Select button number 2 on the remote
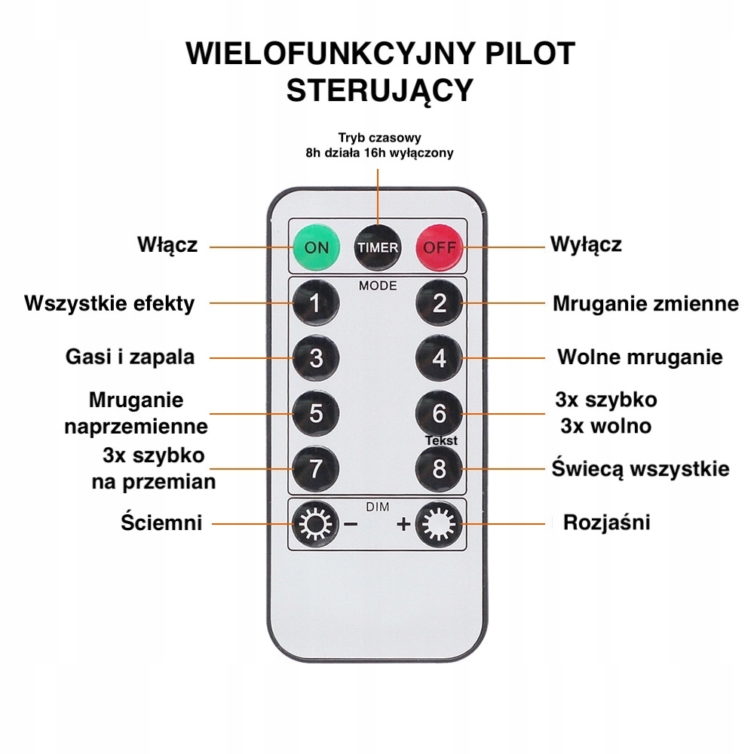tap(440, 303)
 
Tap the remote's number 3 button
tap(316, 357)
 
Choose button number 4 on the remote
tap(440, 357)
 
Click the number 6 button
tap(440, 413)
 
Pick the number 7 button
tap(316, 468)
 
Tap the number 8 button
tap(440, 468)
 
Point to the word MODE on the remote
tap(378, 286)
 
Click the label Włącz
tap(167, 245)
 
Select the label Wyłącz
tap(586, 245)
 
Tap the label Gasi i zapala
tap(130, 357)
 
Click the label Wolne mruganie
tap(639, 357)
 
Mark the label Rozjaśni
tap(606, 523)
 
